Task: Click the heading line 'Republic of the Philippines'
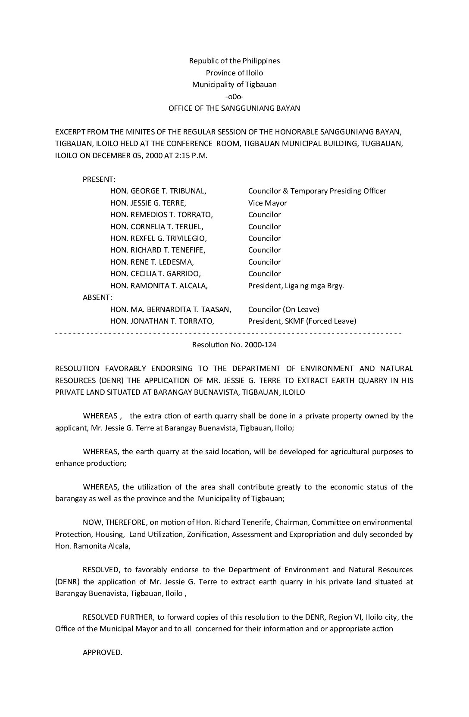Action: pos(234,61)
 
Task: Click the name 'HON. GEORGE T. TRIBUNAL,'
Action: pos(158,191)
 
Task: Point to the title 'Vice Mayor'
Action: pos(267,203)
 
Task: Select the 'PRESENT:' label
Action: pos(99,179)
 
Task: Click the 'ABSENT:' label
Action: pos(97,297)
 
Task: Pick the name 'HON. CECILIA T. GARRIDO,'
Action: pos(156,274)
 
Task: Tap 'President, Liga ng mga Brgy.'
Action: pos(296,286)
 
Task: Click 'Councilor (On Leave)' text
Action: pos(284,309)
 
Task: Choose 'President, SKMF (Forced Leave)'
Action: pos(302,321)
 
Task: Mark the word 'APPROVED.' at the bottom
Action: pos(103,652)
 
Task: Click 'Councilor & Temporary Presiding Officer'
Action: pos(317,191)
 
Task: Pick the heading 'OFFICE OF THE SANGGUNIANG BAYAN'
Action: pos(234,108)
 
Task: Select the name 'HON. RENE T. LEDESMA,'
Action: pos(152,262)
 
